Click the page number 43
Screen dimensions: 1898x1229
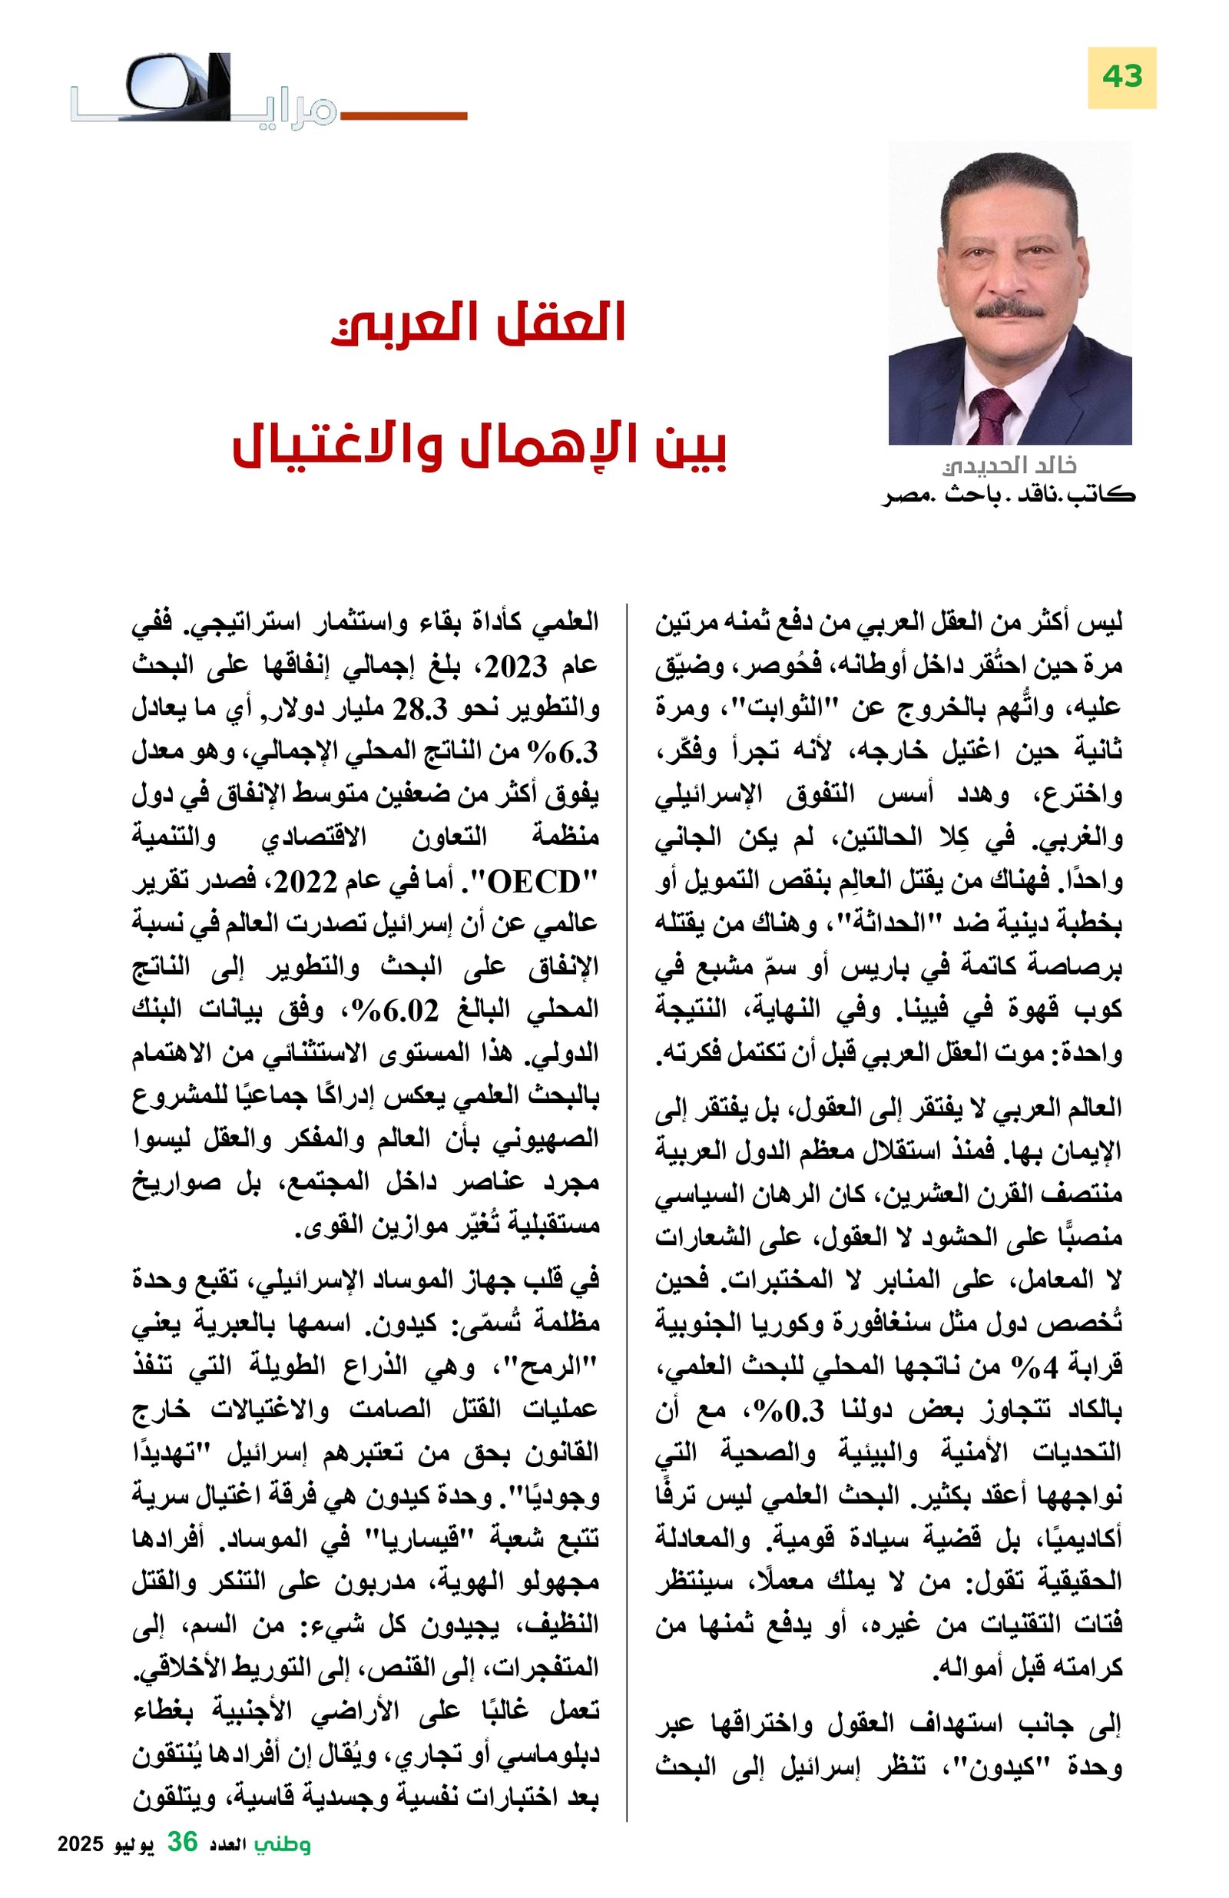pyautogui.click(x=1121, y=78)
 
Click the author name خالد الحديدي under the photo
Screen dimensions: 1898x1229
pyautogui.click(x=1009, y=465)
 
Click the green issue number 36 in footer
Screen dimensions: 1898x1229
pyautogui.click(x=182, y=1863)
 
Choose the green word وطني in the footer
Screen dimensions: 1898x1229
pyautogui.click(x=283, y=1864)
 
